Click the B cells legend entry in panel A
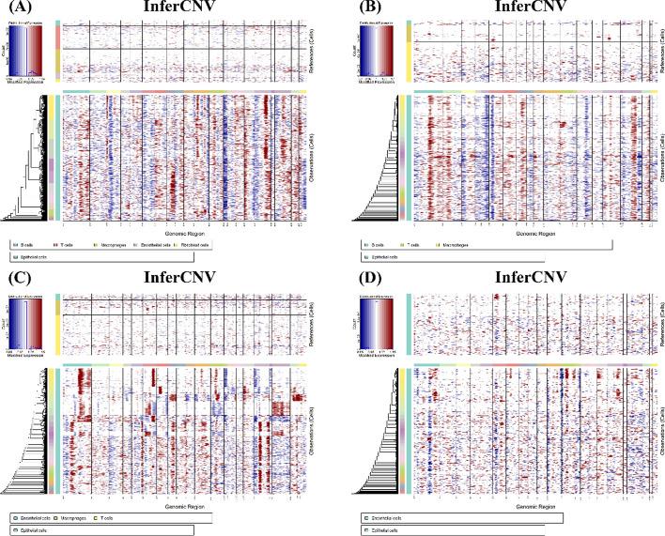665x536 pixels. (x=28, y=243)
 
